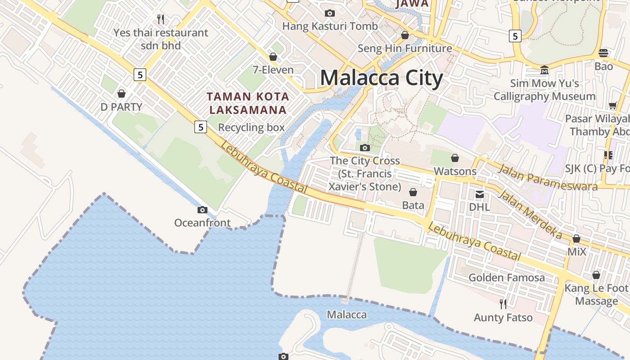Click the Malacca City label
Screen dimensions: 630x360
(x=381, y=78)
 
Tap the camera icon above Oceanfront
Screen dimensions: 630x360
(x=202, y=210)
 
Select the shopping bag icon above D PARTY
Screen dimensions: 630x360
(x=121, y=94)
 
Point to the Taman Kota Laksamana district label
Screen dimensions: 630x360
(x=248, y=103)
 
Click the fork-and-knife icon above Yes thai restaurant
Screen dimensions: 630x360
(x=161, y=19)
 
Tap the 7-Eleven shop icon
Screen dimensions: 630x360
(x=273, y=57)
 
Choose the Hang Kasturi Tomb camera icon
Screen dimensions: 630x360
(x=330, y=13)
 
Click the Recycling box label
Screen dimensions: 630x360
(x=251, y=127)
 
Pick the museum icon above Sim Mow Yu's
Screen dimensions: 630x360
(x=544, y=70)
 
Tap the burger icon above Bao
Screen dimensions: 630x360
(x=603, y=53)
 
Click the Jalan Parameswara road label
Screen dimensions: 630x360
(x=548, y=177)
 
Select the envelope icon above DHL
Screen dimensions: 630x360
(x=480, y=194)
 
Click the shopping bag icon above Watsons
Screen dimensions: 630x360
(x=455, y=158)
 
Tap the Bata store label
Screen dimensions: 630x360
(x=413, y=205)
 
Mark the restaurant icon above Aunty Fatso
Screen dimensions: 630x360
(x=503, y=304)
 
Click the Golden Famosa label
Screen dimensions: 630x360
(x=507, y=277)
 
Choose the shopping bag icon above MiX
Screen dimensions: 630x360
(x=576, y=238)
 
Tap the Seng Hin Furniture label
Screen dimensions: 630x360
(x=405, y=48)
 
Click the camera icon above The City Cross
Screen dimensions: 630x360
(x=365, y=147)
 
